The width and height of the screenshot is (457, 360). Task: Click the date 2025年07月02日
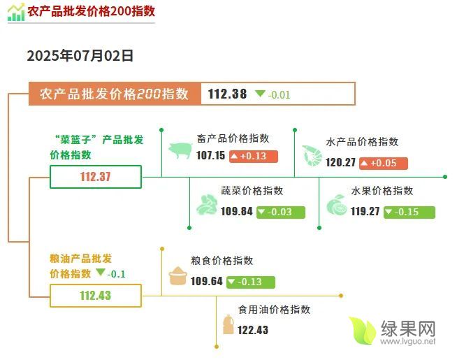tap(80, 56)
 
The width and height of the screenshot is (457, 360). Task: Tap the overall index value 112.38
tap(227, 94)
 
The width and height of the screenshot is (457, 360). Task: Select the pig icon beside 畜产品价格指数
tap(180, 150)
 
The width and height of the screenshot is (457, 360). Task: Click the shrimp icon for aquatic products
tap(312, 156)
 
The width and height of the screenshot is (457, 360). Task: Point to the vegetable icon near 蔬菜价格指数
tap(207, 204)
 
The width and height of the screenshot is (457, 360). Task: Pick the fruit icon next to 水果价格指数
tap(337, 205)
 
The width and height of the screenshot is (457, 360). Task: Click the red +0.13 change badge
tap(253, 157)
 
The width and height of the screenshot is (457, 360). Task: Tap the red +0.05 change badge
tap(383, 163)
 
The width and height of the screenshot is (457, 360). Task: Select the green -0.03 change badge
tap(281, 212)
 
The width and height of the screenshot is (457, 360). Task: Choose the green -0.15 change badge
tap(409, 212)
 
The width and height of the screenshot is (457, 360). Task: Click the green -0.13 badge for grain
tap(251, 282)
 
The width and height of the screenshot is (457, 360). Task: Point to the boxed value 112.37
tap(96, 177)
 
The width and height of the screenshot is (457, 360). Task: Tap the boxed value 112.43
tap(96, 296)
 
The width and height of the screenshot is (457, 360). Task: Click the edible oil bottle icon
tap(228, 324)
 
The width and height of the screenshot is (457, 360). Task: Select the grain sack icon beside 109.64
tap(177, 275)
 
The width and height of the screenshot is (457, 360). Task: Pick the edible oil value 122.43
tap(253, 330)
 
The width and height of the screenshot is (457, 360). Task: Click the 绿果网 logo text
tap(408, 329)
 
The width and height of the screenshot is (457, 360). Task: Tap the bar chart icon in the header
tap(16, 13)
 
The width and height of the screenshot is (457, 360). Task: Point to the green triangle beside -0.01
tap(260, 93)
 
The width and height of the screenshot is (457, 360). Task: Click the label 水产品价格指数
tap(362, 142)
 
